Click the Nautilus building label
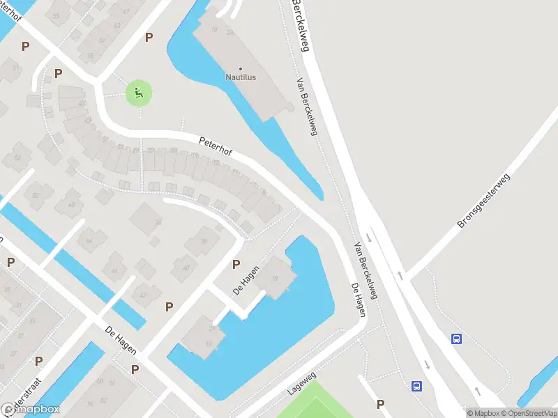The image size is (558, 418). click(241, 77)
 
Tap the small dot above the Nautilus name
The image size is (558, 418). click(241, 68)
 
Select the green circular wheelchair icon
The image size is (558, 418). click(139, 93)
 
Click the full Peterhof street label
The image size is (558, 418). click(216, 144)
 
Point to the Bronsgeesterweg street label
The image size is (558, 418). click(484, 202)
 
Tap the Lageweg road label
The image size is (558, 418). click(302, 384)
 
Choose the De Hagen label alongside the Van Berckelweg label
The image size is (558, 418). click(359, 300)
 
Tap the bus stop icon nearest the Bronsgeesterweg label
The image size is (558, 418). click(456, 339)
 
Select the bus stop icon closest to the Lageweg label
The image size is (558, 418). click(416, 385)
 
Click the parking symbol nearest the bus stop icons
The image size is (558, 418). click(380, 403)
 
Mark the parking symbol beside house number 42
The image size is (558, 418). click(169, 306)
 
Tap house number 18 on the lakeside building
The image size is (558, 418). click(275, 279)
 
